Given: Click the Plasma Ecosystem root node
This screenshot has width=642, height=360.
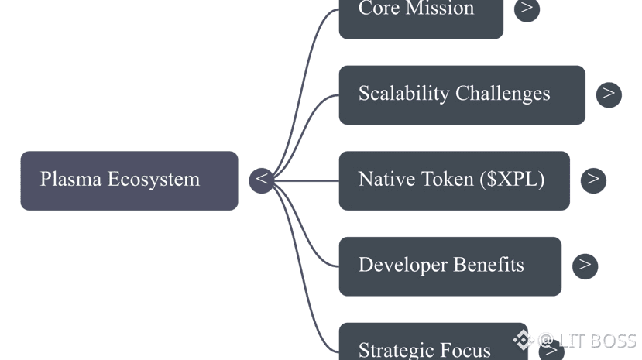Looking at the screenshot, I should [129, 180].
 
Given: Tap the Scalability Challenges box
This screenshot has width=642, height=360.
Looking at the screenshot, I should [462, 94].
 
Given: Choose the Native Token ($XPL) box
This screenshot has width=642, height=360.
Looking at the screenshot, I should [454, 180].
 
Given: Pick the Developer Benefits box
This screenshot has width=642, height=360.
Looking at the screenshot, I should [449, 266].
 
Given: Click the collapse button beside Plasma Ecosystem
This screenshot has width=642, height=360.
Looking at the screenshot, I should [262, 180].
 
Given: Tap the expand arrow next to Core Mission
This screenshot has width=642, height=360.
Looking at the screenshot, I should [527, 9].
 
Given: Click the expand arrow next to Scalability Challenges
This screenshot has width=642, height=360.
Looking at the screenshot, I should [609, 94].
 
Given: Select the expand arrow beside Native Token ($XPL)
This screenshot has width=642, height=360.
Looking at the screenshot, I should [593, 180].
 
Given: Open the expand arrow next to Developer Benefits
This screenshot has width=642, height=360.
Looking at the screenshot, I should [585, 266].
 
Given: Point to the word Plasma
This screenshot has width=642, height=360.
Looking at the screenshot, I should [70, 180].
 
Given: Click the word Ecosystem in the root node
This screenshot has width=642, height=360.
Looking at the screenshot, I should [153, 180].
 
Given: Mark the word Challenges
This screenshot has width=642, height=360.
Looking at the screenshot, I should [503, 94].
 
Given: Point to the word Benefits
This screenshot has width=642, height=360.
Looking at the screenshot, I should [489, 266].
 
